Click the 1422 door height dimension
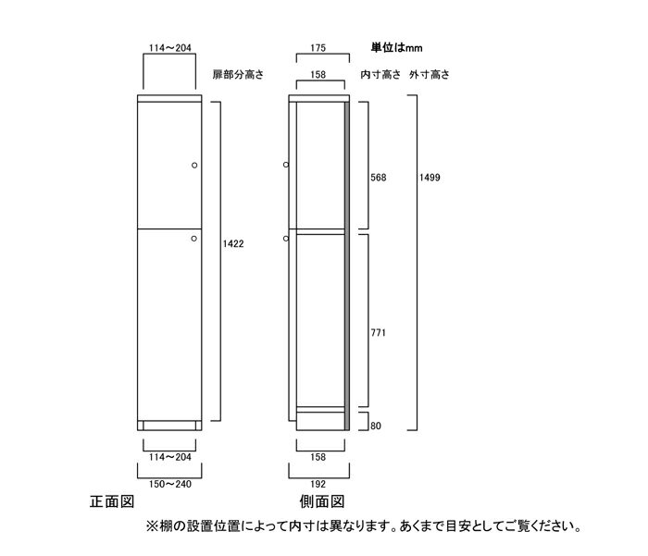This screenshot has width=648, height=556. tap(233, 243)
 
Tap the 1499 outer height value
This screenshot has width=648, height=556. tap(430, 178)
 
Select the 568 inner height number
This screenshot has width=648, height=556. tap(378, 178)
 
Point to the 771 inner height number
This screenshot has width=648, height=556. tap(378, 332)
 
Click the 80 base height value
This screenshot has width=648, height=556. tap(376, 426)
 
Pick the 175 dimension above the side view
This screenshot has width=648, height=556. tap(318, 48)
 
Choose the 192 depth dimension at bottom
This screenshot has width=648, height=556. tap(318, 484)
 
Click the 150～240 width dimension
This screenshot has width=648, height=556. tap(169, 484)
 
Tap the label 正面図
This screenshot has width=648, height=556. tap(112, 502)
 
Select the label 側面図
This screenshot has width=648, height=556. tap(322, 502)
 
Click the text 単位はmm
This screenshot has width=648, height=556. tap(396, 48)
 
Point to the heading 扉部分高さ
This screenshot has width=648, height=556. tap(238, 75)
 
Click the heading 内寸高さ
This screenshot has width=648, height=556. tap(380, 75)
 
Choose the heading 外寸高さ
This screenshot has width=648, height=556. tap(430, 75)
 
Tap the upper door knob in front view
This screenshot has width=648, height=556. tap(194, 166)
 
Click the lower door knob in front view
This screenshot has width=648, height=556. tap(193, 239)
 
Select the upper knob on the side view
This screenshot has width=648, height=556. tap(286, 165)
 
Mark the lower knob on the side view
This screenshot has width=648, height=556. tap(286, 239)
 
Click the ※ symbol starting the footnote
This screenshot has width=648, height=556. tap(152, 526)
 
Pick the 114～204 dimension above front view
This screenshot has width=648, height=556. tap(169, 48)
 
